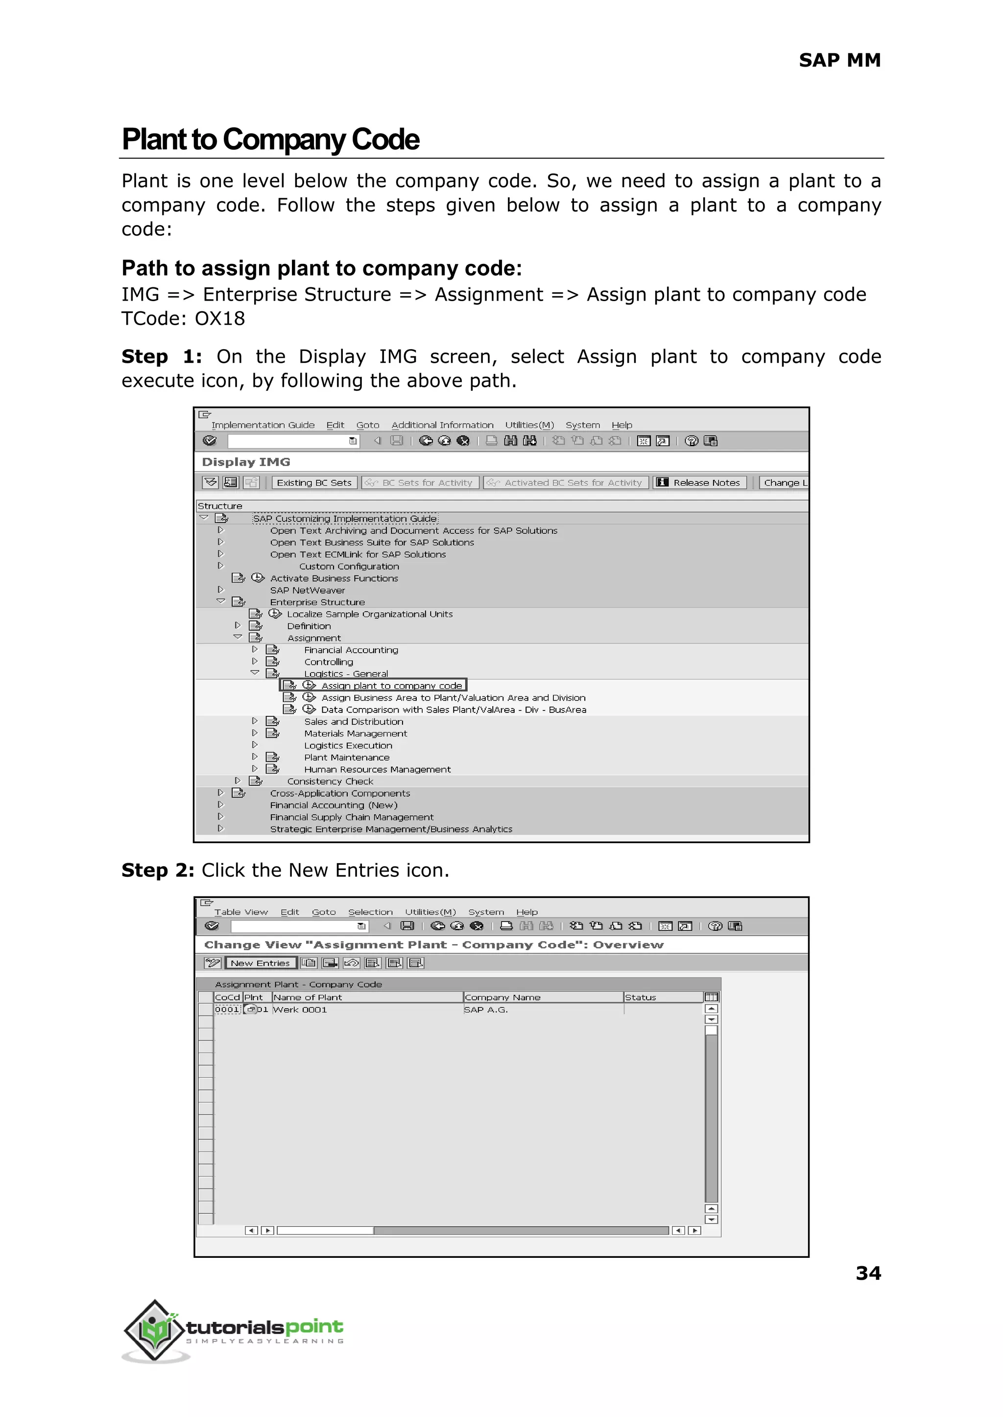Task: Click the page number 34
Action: (868, 1273)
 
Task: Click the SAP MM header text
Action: (839, 61)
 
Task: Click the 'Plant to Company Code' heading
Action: (270, 140)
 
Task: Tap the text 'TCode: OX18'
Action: (184, 319)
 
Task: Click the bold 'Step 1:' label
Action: (162, 357)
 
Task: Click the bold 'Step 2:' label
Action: (158, 870)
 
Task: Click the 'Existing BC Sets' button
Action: (314, 483)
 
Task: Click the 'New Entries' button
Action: (260, 963)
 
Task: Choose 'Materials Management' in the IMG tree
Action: (355, 733)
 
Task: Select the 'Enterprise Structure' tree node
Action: (317, 602)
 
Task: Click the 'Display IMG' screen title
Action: (246, 462)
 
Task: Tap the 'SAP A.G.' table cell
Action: (485, 1010)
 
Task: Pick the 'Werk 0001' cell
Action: (300, 1010)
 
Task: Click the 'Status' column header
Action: (641, 997)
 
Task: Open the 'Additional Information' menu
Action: (442, 425)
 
